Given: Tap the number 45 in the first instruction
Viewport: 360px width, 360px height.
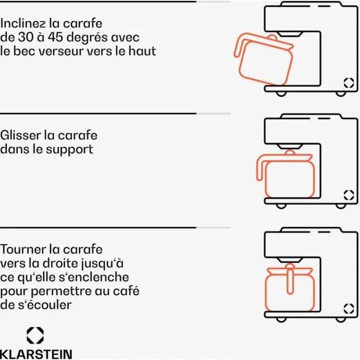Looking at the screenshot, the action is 56,37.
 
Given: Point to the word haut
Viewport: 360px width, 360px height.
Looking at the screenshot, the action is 142,51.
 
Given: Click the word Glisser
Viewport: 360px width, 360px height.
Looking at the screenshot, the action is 21,135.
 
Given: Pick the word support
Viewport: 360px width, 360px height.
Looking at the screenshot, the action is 69,150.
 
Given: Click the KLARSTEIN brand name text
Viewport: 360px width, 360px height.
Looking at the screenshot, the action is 36,354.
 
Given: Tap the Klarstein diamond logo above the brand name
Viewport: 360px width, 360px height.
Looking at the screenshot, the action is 35,335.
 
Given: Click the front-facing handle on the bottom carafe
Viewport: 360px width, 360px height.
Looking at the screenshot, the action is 290,282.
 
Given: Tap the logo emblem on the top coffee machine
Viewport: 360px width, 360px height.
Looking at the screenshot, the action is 349,83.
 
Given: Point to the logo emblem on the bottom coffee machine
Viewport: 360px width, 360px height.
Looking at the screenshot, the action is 349,309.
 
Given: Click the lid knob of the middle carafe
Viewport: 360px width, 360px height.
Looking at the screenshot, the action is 290,152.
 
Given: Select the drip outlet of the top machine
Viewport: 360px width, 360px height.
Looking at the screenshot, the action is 290,34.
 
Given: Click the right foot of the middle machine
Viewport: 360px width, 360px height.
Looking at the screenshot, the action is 340,206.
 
